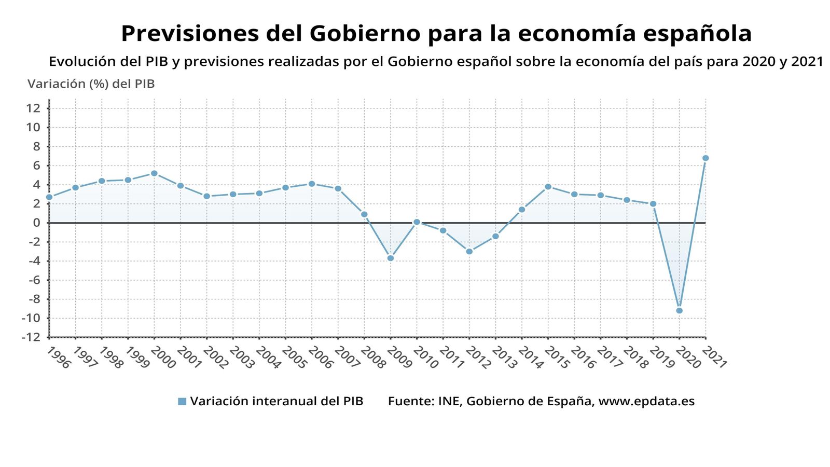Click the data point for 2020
pos(679,311)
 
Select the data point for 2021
pos(706,158)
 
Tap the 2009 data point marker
pos(391,258)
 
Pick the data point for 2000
pos(154,173)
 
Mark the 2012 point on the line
pos(469,252)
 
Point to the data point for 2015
pos(548,187)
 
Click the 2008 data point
pos(364,214)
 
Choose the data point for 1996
pos(49,197)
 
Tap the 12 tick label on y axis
pos(33,108)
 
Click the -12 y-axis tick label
pos(31,337)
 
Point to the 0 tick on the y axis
pos(37,223)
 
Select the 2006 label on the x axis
pos(320,358)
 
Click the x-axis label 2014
pos(530,358)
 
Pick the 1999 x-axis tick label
pos(136,358)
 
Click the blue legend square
pos(182,401)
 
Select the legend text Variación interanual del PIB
pos(276,401)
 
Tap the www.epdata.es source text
pos(646,401)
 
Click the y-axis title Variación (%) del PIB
pos(91,84)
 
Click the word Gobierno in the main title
pos(365,34)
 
